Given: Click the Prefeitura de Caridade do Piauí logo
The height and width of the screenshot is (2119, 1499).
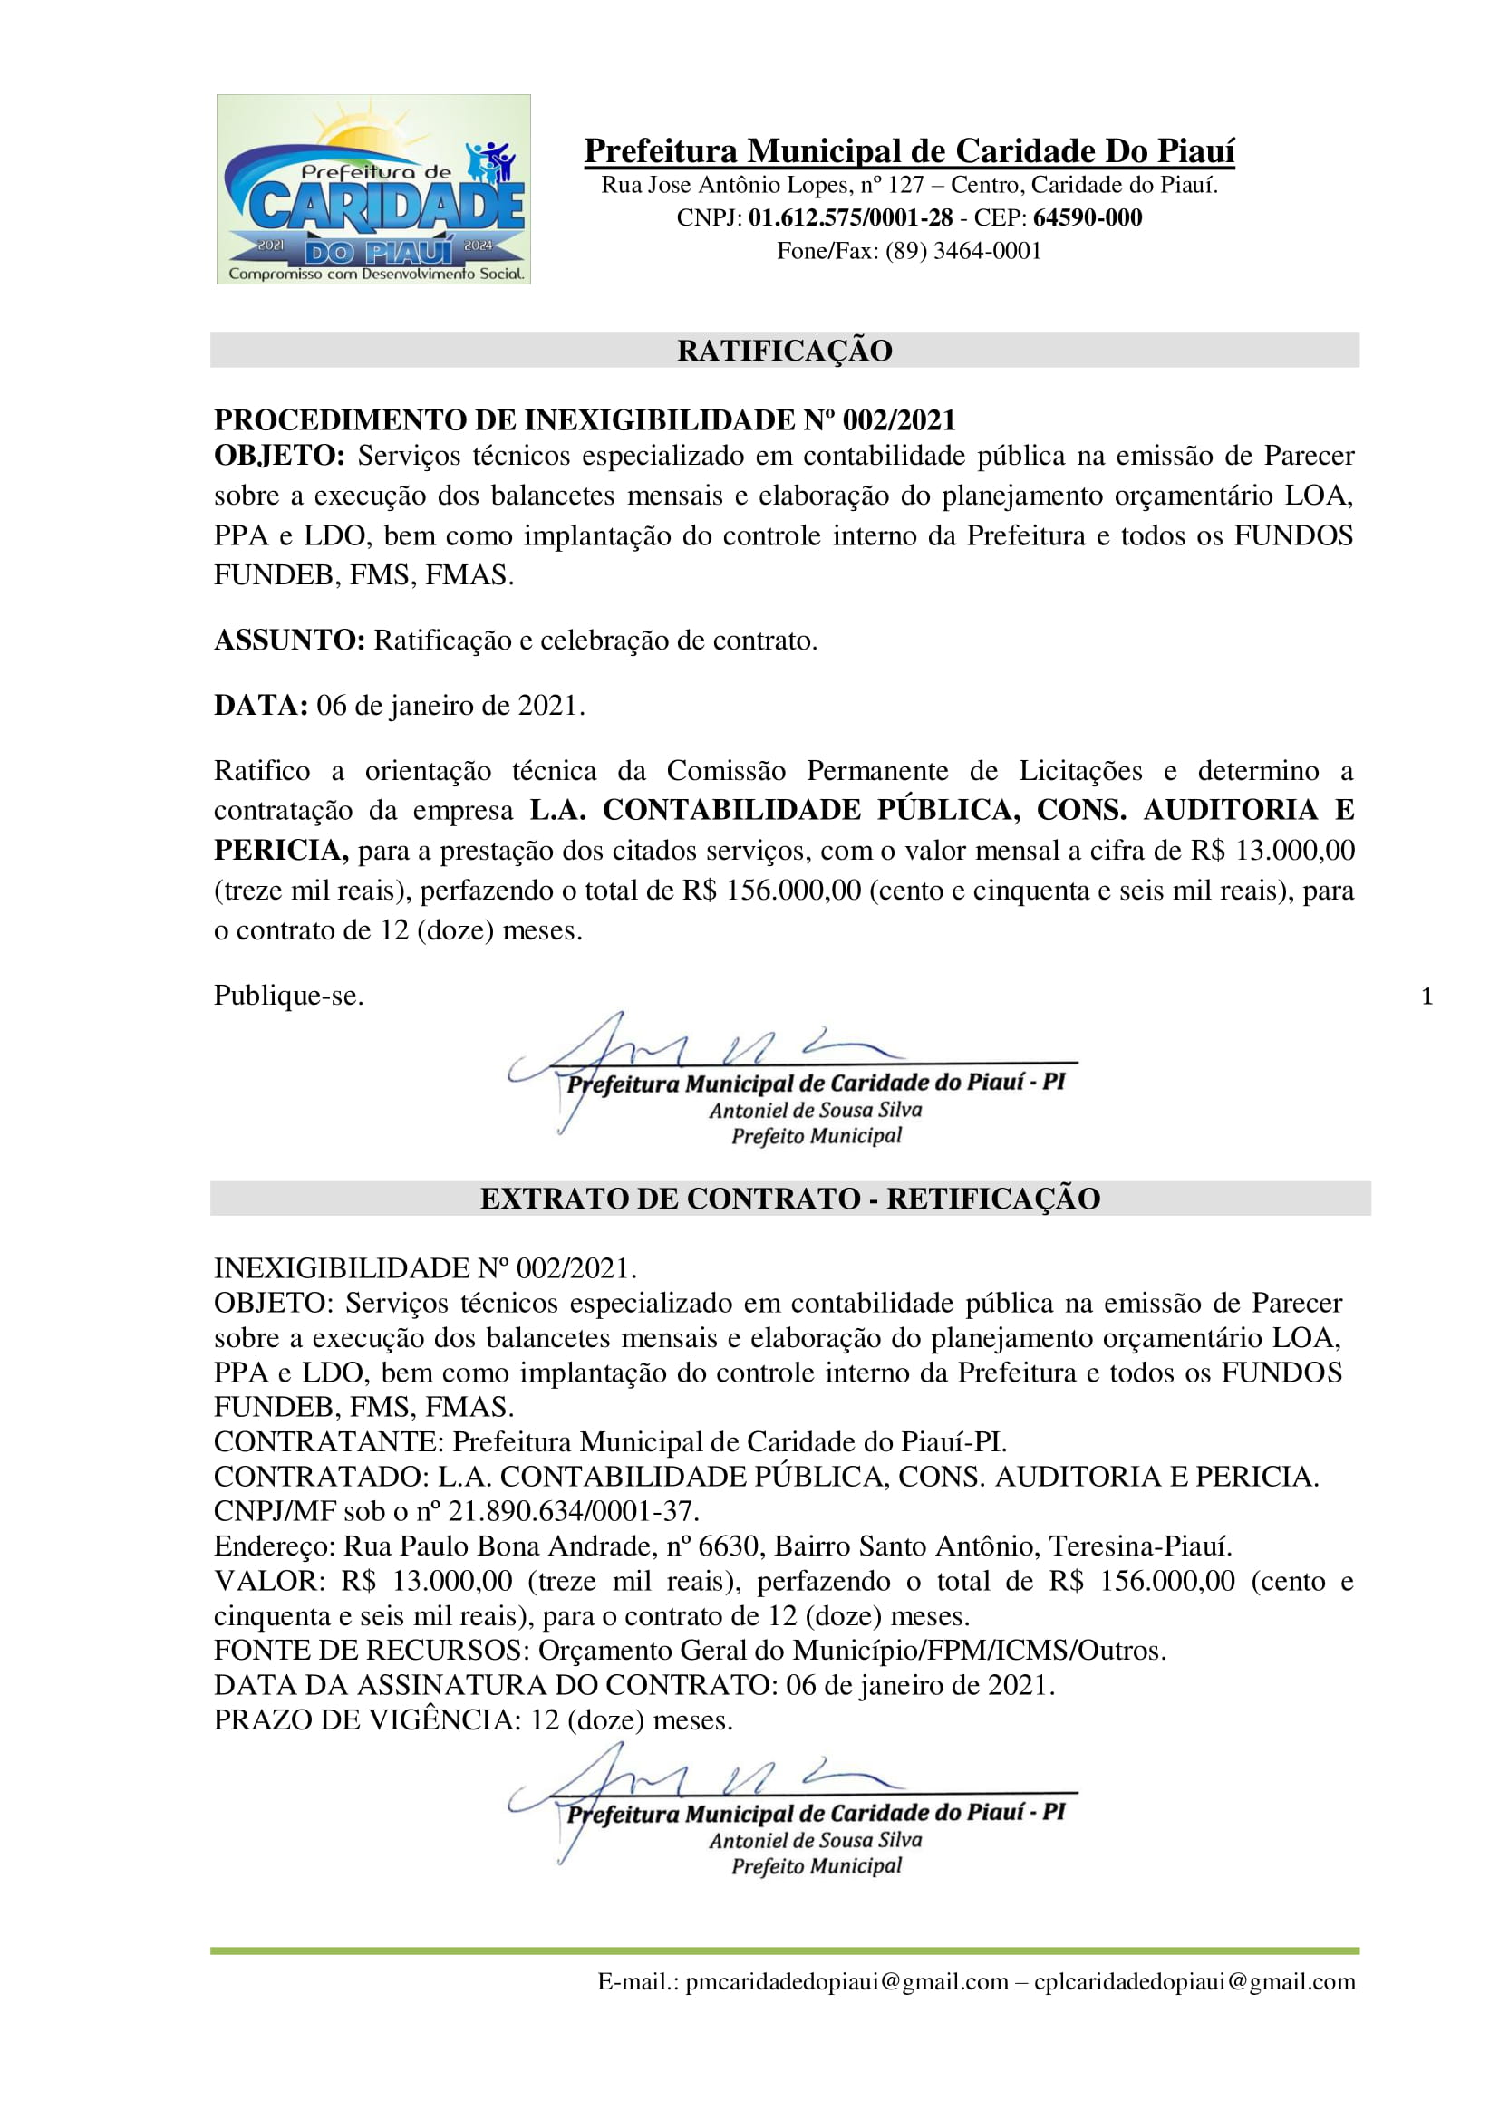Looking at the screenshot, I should [372, 189].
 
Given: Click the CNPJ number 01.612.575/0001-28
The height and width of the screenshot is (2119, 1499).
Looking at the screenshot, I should [850, 217].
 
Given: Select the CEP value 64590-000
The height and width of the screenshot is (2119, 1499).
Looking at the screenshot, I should [1088, 217].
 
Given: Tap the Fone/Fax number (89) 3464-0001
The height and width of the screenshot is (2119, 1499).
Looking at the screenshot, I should [963, 251].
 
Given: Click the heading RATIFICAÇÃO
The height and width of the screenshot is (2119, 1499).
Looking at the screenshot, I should [785, 351].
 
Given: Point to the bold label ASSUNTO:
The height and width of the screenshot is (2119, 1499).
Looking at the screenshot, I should [290, 641].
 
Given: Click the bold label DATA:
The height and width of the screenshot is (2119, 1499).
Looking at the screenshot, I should [260, 706].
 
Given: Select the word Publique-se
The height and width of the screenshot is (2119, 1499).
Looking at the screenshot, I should [289, 996].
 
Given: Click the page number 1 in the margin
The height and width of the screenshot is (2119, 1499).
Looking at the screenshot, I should [1427, 997].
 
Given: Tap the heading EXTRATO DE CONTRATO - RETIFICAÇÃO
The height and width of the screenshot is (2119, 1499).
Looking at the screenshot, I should [790, 1199].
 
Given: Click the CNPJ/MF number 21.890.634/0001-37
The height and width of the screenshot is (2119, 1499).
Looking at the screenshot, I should [572, 1511].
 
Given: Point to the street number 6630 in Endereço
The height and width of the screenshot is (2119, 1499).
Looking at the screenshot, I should [729, 1546].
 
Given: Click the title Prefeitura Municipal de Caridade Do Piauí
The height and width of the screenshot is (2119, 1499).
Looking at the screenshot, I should [909, 150].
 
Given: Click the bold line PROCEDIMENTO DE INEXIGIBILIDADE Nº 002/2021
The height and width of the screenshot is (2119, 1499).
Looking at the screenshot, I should [585, 420].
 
